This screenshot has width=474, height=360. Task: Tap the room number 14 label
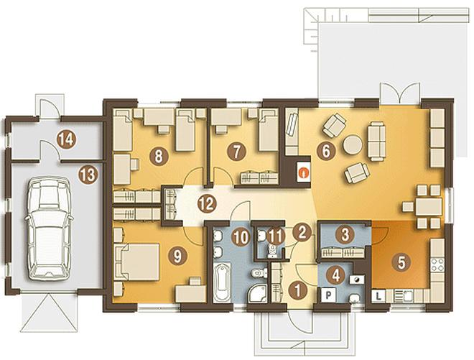[67, 139]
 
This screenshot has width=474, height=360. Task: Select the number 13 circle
[88, 175]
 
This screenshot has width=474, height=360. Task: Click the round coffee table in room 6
[352, 144]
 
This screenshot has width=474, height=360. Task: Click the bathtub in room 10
[222, 283]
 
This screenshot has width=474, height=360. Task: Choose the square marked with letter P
[328, 294]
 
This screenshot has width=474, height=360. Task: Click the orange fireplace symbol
[303, 172]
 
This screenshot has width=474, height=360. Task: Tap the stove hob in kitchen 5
[437, 264]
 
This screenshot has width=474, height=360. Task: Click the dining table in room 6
[429, 207]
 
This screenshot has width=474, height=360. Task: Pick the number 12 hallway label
[208, 204]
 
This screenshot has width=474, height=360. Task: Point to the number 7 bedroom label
[236, 152]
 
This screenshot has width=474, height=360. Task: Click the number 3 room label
[345, 235]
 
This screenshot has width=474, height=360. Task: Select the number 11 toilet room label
[275, 236]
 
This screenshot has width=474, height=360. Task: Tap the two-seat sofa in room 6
[376, 141]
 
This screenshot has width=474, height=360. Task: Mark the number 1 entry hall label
[298, 290]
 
